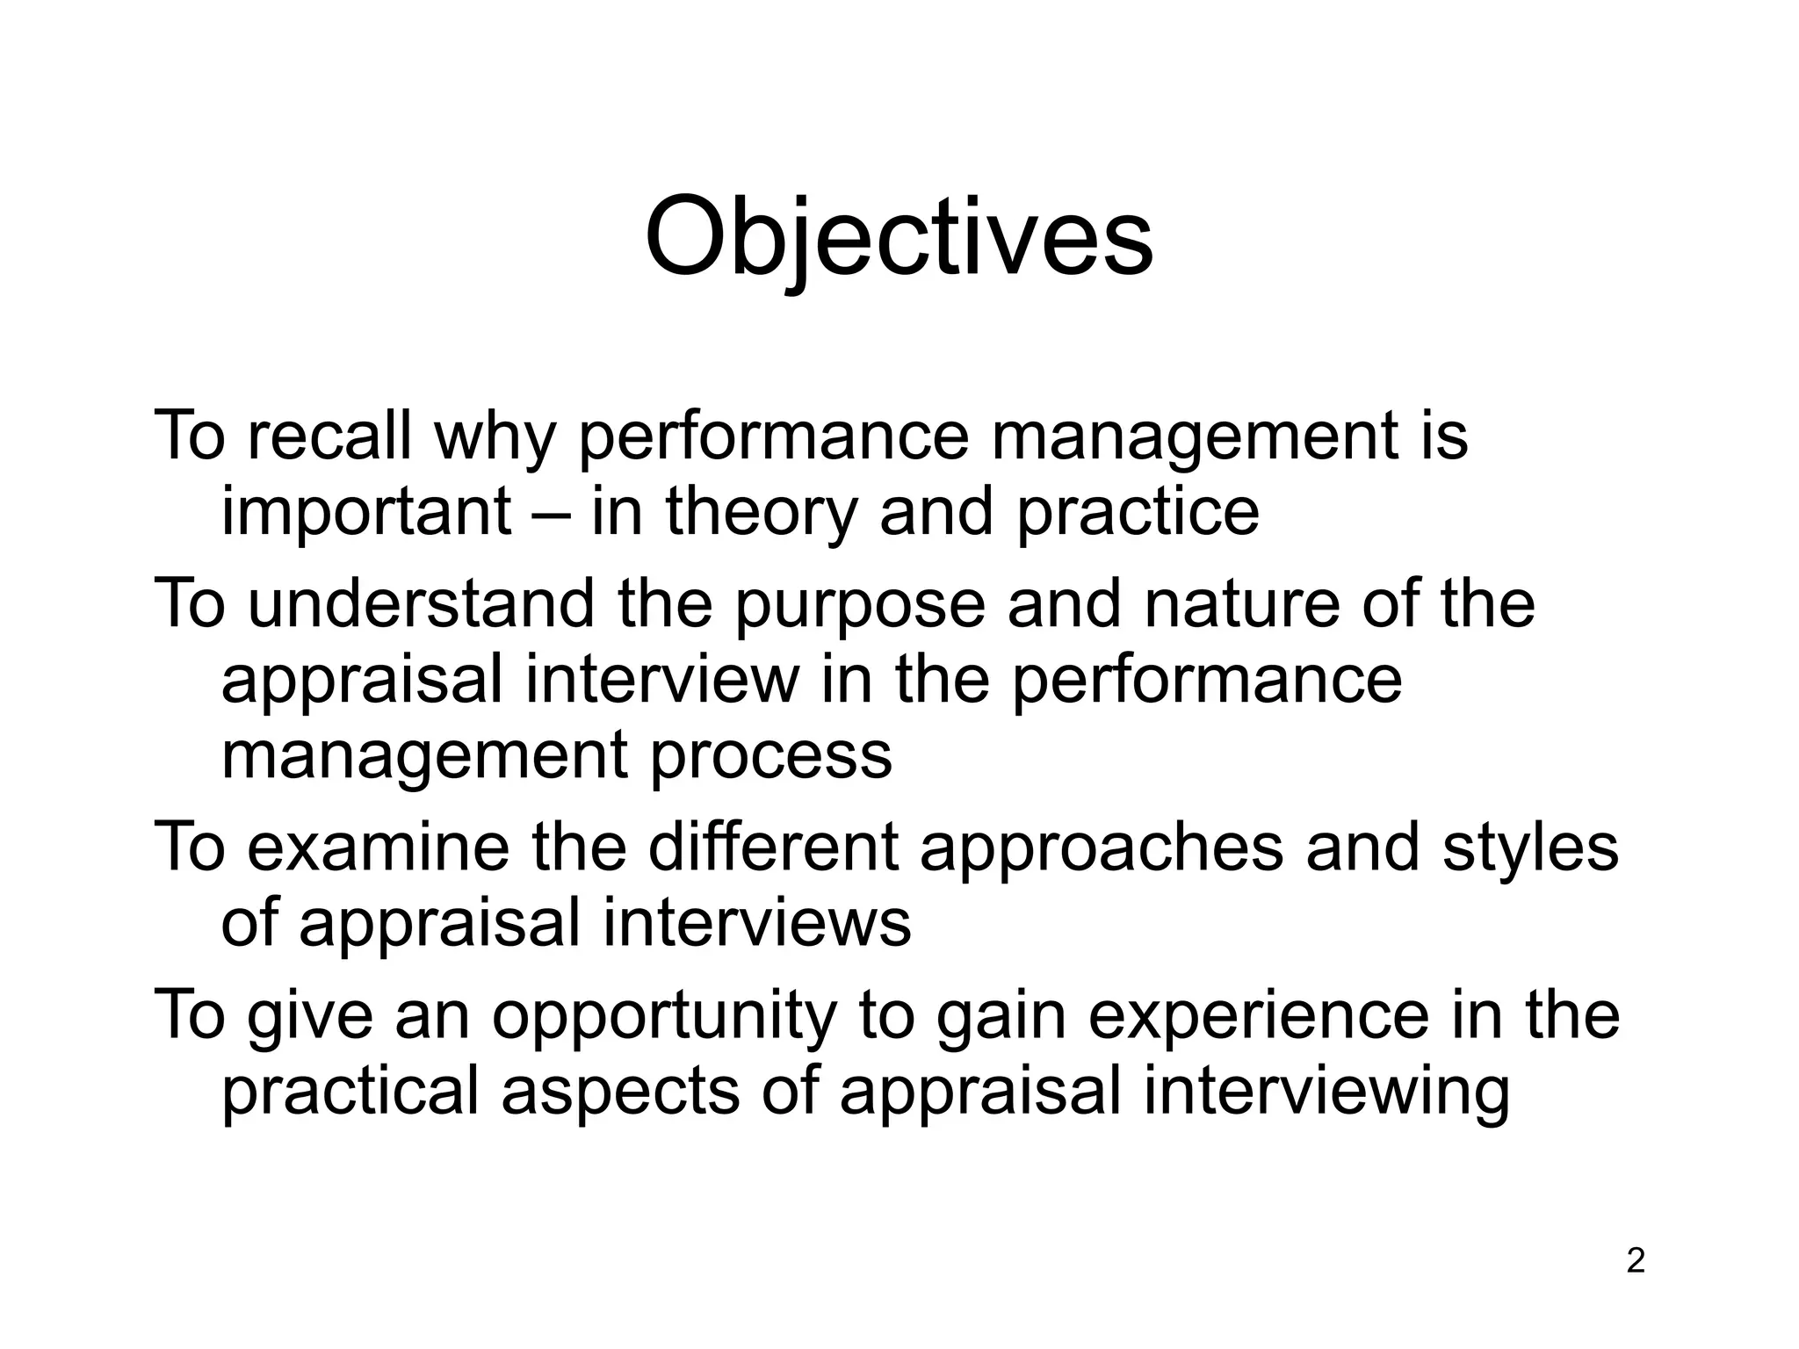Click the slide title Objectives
pos(899,239)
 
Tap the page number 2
pos(1635,1261)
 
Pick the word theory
pos(761,514)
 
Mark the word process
pos(770,757)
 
